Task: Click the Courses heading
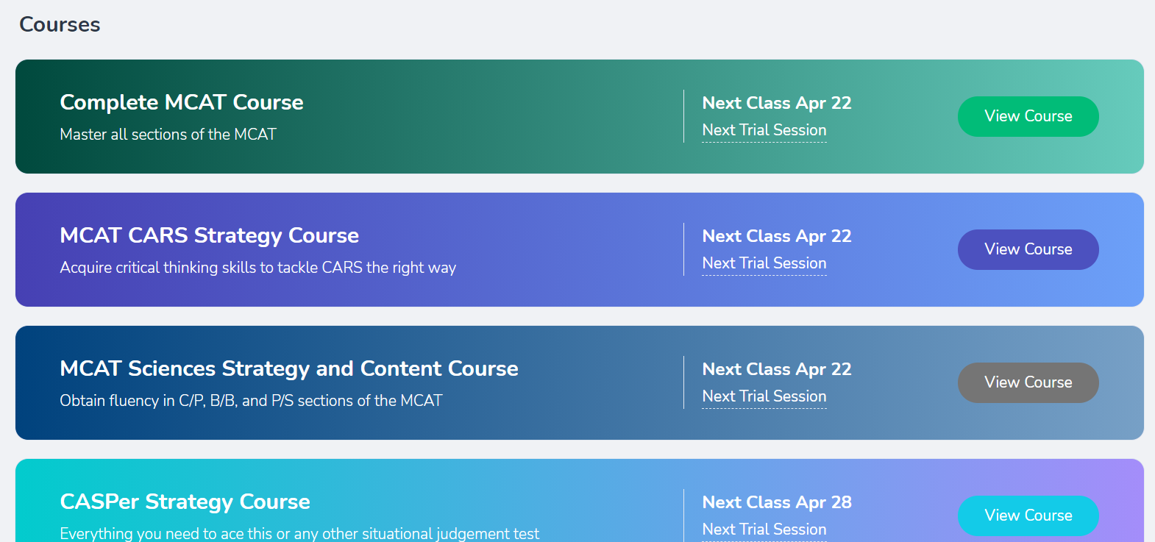[x=60, y=25]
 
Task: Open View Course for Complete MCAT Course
[x=1028, y=116]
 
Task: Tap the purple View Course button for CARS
[x=1028, y=249]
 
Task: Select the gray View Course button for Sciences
[x=1028, y=382]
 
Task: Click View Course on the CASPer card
[x=1028, y=516]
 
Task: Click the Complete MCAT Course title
[x=182, y=102]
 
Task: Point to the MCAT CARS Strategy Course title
[x=210, y=236]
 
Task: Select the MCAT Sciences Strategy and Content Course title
[x=288, y=369]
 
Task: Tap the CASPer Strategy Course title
[x=185, y=502]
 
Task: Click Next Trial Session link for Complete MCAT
[x=764, y=130]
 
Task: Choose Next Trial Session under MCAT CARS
[x=764, y=263]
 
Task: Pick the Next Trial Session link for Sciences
[x=764, y=396]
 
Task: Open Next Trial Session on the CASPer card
[x=764, y=529]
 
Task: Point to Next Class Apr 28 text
[x=777, y=502]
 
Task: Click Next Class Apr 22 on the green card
[x=777, y=103]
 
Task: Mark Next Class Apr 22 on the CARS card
[x=777, y=236]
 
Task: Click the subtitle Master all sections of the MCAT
[x=168, y=135]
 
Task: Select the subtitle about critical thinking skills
[x=257, y=268]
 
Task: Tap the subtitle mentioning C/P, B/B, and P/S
[x=251, y=401]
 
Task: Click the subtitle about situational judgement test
[x=299, y=533]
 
